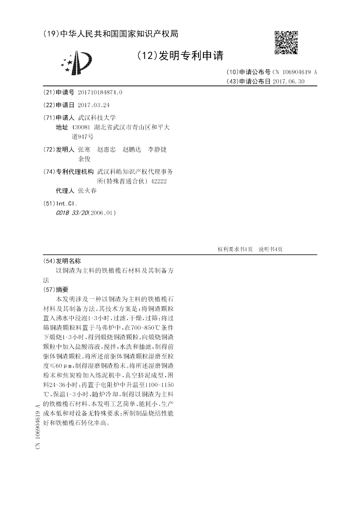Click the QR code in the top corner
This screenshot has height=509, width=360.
286,43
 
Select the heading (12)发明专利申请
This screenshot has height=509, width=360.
180,56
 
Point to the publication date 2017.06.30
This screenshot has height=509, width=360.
288,81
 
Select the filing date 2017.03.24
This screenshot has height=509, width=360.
93,105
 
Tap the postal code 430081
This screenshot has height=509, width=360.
81,127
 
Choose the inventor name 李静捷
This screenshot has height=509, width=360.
157,149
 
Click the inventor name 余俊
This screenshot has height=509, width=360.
84,159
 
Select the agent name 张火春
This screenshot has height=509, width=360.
87,190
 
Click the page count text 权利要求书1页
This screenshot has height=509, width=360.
235,249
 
